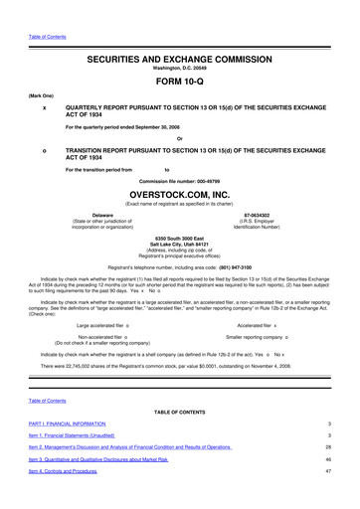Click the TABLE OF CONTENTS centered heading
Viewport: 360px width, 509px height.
(179, 411)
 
